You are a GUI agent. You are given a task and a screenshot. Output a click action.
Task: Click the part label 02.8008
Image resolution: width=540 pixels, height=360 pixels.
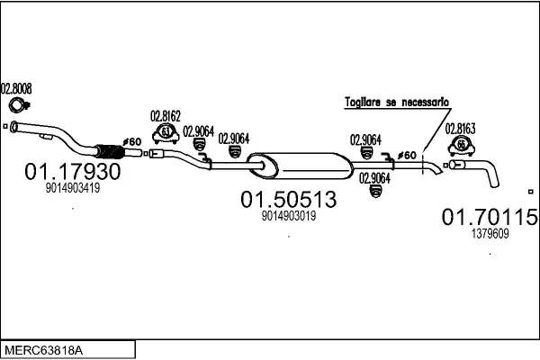tap(16, 88)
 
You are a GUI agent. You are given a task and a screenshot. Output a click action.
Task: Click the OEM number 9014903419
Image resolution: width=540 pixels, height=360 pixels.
tap(72, 189)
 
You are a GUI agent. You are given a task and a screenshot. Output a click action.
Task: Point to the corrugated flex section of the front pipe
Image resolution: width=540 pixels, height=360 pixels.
tap(106, 150)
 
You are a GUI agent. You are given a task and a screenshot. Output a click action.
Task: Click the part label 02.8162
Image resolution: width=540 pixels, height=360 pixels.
tap(166, 115)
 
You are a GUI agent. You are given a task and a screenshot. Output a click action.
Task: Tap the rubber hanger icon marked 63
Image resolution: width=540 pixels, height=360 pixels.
tap(166, 136)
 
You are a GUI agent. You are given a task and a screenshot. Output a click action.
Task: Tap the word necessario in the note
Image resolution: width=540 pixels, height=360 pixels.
tap(423, 103)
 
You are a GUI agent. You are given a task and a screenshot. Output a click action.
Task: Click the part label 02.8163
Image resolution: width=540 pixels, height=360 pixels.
tap(461, 129)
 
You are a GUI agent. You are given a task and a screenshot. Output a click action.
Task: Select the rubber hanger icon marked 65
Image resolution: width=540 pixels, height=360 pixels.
tap(461, 146)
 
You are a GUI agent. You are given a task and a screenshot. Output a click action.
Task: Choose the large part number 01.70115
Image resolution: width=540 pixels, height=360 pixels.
tap(490, 216)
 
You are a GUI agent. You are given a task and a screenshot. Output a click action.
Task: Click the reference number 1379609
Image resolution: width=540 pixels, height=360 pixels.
tap(490, 233)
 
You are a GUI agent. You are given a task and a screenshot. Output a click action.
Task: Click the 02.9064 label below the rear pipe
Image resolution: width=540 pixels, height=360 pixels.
tap(373, 177)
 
